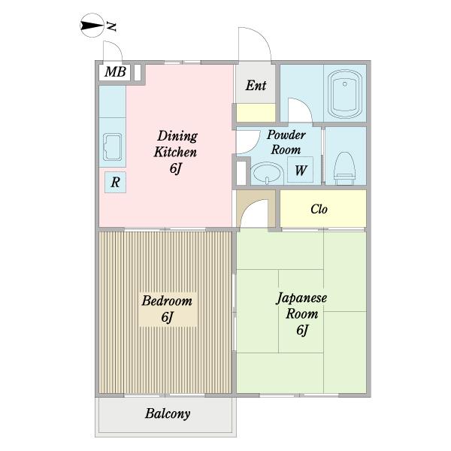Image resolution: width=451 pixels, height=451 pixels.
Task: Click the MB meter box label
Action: (x=115, y=71)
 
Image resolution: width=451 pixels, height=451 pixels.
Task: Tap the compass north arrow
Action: (x=92, y=26)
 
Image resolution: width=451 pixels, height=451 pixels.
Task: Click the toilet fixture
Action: (x=344, y=168)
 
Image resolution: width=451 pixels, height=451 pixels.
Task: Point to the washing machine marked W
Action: (x=300, y=170)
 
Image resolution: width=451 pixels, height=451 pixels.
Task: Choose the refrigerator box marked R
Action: (x=115, y=182)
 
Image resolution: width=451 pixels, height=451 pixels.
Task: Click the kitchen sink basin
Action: (x=113, y=147)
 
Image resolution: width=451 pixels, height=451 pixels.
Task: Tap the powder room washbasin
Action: (x=267, y=173)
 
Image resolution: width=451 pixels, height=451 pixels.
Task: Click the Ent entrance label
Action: (x=256, y=86)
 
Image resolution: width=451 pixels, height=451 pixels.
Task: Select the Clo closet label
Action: (x=319, y=209)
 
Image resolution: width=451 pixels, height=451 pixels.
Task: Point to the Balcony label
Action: (x=168, y=414)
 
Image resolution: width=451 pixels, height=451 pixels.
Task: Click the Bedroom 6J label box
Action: (x=168, y=309)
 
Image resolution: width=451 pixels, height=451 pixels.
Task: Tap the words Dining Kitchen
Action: (x=176, y=144)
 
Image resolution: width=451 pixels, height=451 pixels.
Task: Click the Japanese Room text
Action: (x=301, y=306)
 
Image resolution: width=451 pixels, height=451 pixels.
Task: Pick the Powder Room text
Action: (x=286, y=142)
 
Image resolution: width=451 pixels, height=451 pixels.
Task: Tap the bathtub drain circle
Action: (x=345, y=84)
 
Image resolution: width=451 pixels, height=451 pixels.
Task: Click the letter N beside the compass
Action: (x=111, y=26)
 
